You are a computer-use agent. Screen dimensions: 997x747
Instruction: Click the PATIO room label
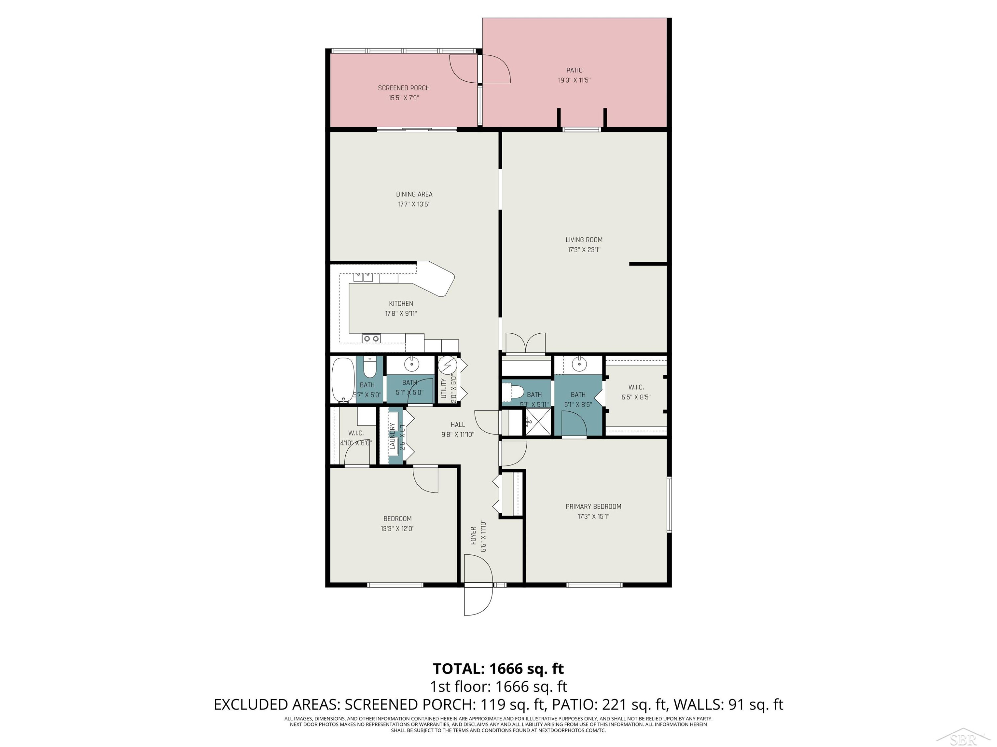click(574, 70)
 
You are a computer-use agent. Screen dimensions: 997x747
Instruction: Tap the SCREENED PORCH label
click(403, 88)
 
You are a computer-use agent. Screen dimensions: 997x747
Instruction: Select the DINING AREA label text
click(414, 194)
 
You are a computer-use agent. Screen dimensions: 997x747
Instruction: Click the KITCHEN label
click(401, 303)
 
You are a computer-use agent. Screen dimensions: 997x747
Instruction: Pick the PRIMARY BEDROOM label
click(593, 507)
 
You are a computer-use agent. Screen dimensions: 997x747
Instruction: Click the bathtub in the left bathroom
click(343, 379)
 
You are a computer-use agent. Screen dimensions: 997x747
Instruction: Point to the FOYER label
click(473, 536)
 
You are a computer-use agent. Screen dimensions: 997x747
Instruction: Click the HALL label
click(458, 425)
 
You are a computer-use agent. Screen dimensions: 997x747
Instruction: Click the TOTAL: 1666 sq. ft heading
click(498, 669)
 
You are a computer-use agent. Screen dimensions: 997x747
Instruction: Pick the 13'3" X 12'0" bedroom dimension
click(397, 529)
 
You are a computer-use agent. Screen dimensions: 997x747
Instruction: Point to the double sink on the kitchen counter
click(363, 277)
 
